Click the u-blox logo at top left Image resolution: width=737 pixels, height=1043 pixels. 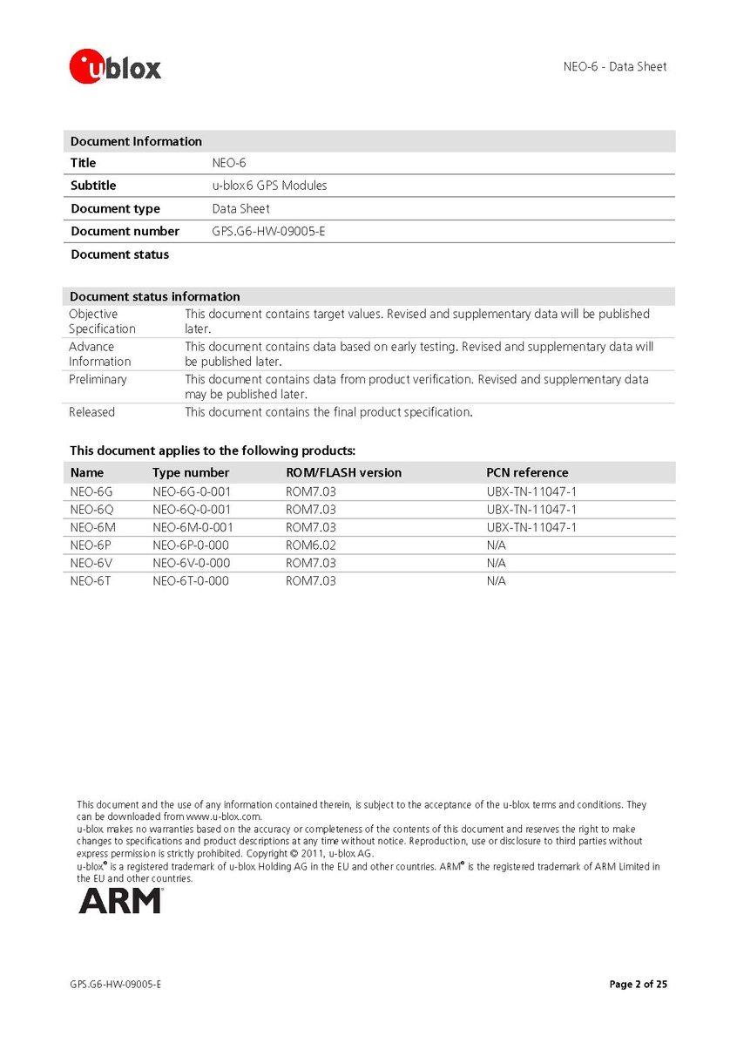point(116,66)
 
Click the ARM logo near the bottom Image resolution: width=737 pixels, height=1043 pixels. point(119,900)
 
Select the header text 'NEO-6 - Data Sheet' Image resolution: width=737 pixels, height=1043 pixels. point(614,66)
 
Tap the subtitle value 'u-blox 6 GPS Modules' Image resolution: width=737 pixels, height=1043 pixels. point(269,186)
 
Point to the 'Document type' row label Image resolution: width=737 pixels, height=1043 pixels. point(115,208)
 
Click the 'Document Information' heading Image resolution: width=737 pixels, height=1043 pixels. point(136,141)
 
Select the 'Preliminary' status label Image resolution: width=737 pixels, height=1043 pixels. point(98,379)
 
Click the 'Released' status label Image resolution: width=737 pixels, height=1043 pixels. point(91,412)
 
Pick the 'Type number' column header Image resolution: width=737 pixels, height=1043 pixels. point(191,472)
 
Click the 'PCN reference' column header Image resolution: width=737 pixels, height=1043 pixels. point(527,472)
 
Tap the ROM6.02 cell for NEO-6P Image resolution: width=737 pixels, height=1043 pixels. point(310,545)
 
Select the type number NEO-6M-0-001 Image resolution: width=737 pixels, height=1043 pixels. point(193,527)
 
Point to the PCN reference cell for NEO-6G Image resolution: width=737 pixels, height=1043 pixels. point(531,491)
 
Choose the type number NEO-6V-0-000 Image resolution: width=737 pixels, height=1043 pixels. point(191,563)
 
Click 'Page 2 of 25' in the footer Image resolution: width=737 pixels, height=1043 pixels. point(638,985)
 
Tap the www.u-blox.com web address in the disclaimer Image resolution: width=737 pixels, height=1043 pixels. point(223,816)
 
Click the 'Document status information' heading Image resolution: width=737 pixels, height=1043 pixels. point(155,296)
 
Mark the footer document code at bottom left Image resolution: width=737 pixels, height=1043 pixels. point(116,985)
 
